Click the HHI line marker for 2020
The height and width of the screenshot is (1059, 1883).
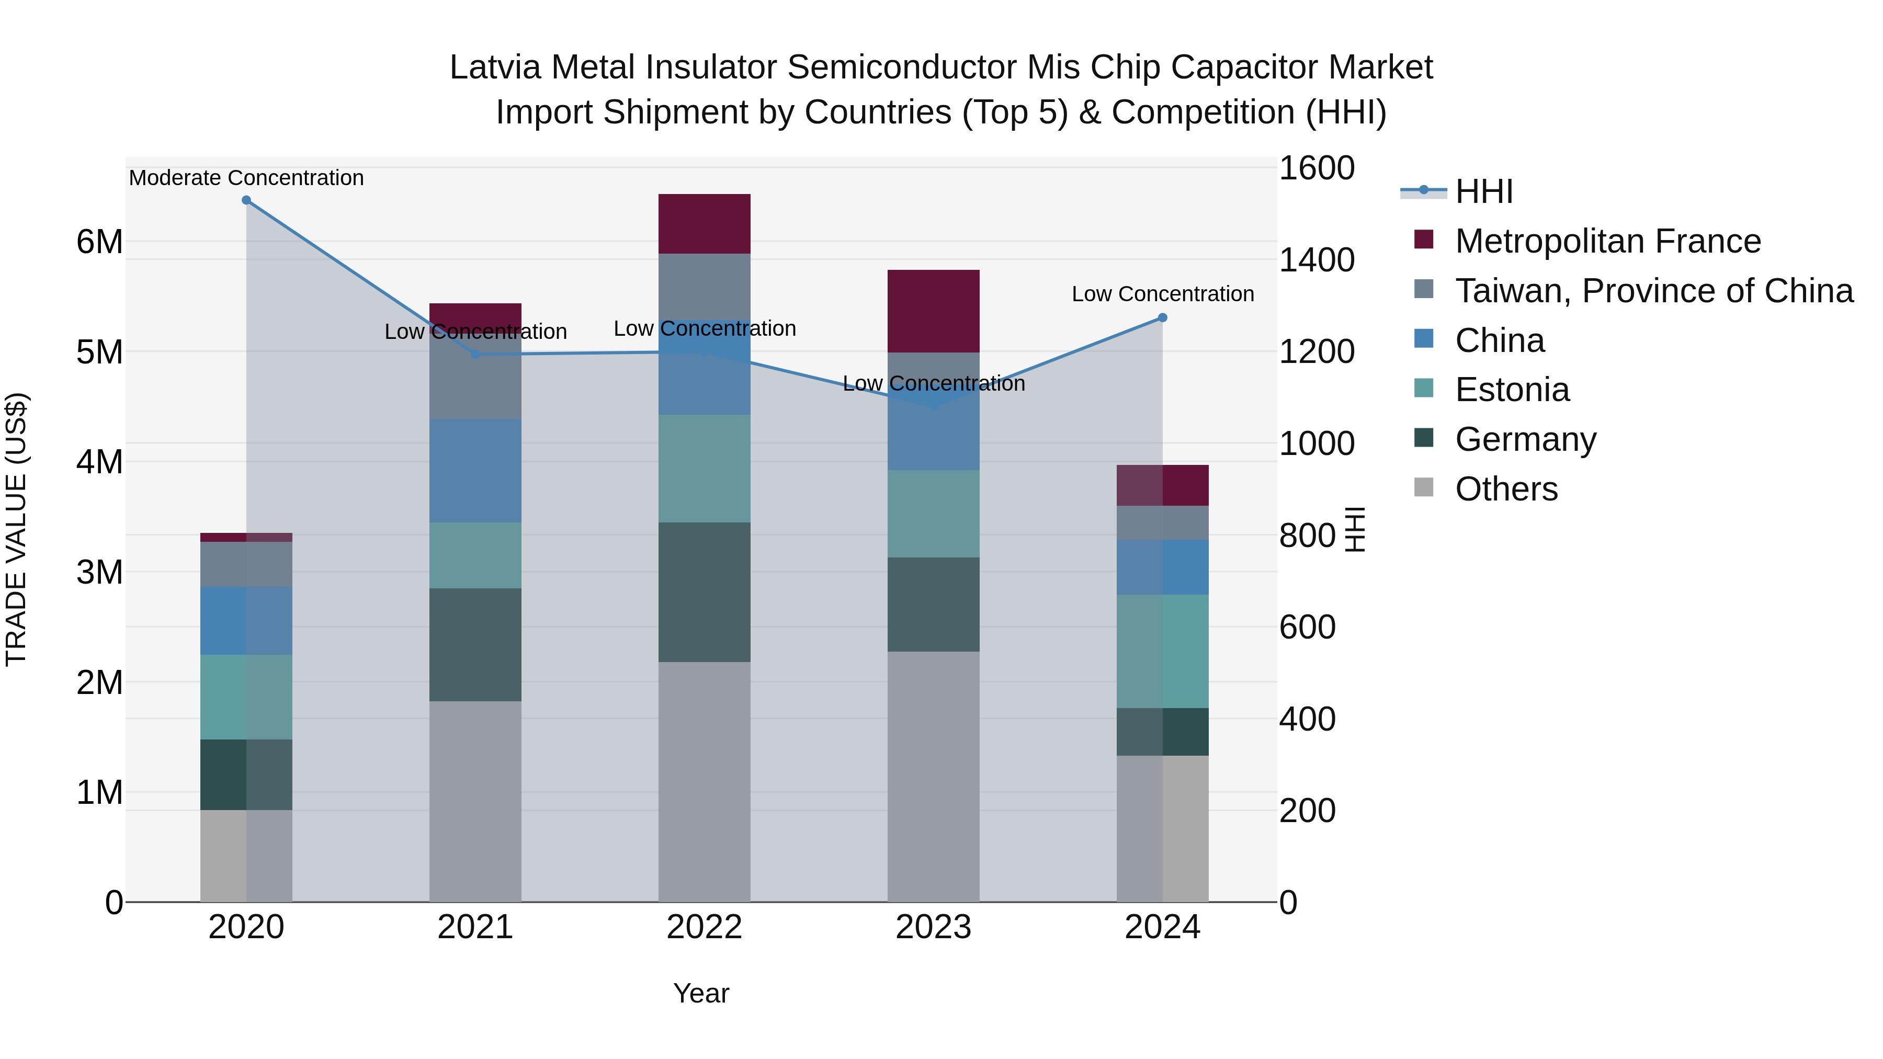tap(246, 200)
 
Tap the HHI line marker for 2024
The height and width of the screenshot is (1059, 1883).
tap(1162, 318)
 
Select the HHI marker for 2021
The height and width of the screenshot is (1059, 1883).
tap(475, 355)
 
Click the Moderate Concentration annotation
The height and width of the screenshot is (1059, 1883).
tap(246, 178)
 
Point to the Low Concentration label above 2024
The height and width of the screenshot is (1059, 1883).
tap(1162, 294)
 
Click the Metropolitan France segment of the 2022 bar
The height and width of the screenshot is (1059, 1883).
tap(704, 224)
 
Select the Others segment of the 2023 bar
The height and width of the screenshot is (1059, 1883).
tap(934, 776)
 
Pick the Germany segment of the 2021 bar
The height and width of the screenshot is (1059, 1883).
tap(475, 645)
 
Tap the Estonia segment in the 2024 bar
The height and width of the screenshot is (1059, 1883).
tap(1162, 651)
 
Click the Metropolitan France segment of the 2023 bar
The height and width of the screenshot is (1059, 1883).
tap(934, 311)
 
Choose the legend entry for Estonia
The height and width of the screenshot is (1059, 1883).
tap(1512, 390)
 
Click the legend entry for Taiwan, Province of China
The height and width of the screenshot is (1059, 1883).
tap(1653, 291)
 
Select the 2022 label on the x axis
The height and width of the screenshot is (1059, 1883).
tap(704, 927)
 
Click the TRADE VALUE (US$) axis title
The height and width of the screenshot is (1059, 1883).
tap(16, 529)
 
